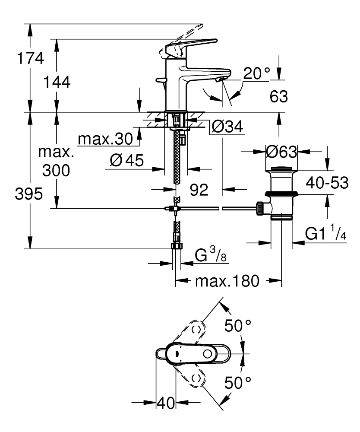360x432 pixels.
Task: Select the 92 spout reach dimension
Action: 199,189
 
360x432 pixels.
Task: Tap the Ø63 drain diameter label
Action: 281,152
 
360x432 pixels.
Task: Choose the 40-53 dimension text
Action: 327,183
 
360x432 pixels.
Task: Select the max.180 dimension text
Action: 227,282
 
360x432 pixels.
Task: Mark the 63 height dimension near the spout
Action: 279,97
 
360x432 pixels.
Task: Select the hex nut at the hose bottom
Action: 177,247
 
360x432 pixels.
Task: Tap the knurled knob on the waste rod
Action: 260,209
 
